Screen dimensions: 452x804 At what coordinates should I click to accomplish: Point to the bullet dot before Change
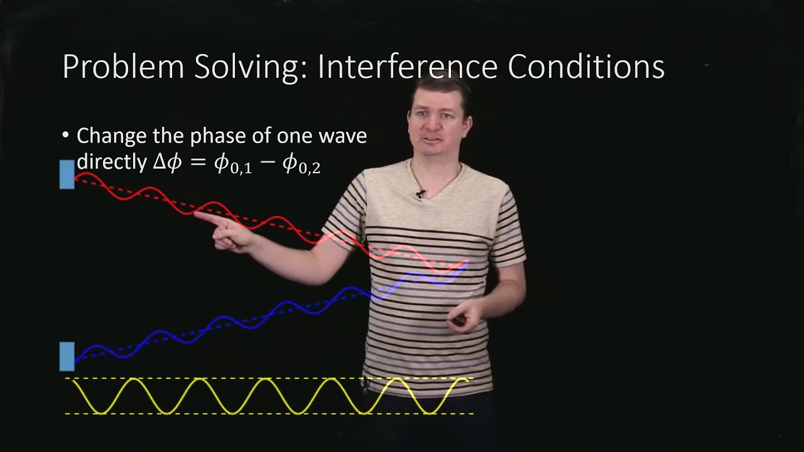coord(66,136)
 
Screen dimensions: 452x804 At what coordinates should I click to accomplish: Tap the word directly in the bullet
coord(112,162)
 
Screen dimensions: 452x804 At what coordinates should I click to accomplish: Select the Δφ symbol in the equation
coord(167,163)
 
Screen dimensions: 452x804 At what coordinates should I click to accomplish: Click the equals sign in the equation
coord(198,163)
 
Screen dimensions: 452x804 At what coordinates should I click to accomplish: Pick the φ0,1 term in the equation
coord(233,164)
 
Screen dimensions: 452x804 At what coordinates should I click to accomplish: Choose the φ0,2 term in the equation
coord(301,164)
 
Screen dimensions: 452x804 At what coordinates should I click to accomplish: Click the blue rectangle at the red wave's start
coord(67,174)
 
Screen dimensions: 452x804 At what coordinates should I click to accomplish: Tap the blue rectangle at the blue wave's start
coord(67,356)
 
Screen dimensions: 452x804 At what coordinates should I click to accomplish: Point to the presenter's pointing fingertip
coord(197,215)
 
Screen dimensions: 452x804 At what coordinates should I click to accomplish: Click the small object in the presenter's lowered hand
coord(460,320)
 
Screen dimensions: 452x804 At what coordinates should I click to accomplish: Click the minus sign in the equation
coord(267,163)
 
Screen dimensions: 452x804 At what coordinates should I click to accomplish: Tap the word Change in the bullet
coord(111,136)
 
